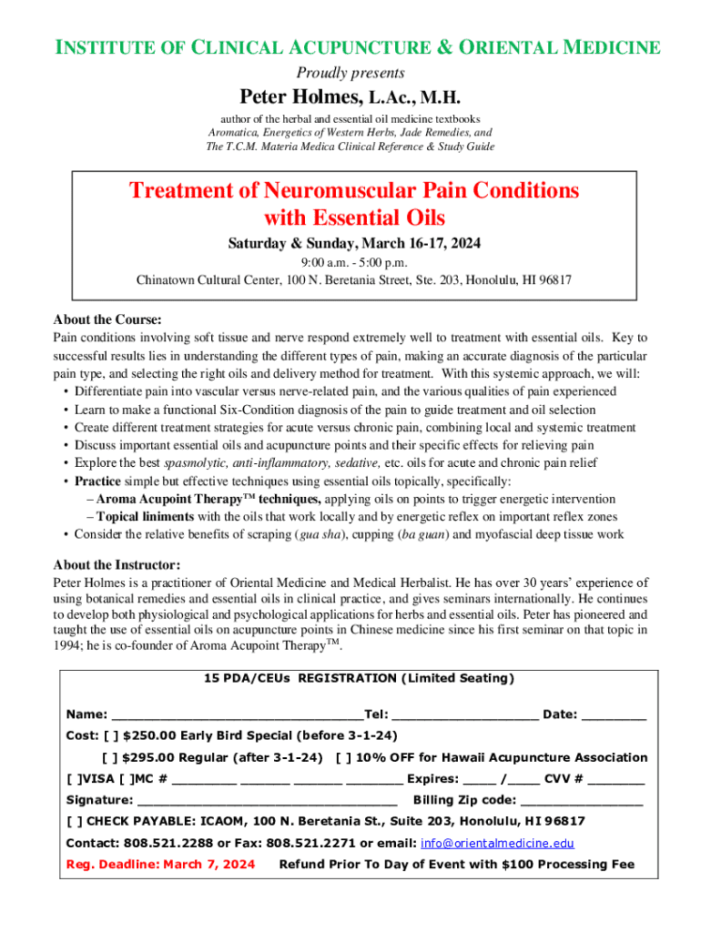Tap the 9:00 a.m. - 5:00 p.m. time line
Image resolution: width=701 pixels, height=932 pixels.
[x=353, y=262]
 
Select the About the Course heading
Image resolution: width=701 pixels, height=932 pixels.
[x=107, y=319]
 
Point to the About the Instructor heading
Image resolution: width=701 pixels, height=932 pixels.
[x=117, y=564]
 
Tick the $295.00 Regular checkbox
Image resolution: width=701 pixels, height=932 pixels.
[x=109, y=757]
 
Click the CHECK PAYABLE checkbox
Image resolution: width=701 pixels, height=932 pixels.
[x=75, y=822]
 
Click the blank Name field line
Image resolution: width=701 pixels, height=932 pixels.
[x=235, y=715]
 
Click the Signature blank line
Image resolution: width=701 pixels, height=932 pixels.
[x=267, y=802]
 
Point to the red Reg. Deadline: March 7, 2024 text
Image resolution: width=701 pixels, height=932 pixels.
[x=160, y=865]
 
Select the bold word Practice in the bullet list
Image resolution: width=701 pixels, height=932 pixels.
[x=97, y=481]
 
